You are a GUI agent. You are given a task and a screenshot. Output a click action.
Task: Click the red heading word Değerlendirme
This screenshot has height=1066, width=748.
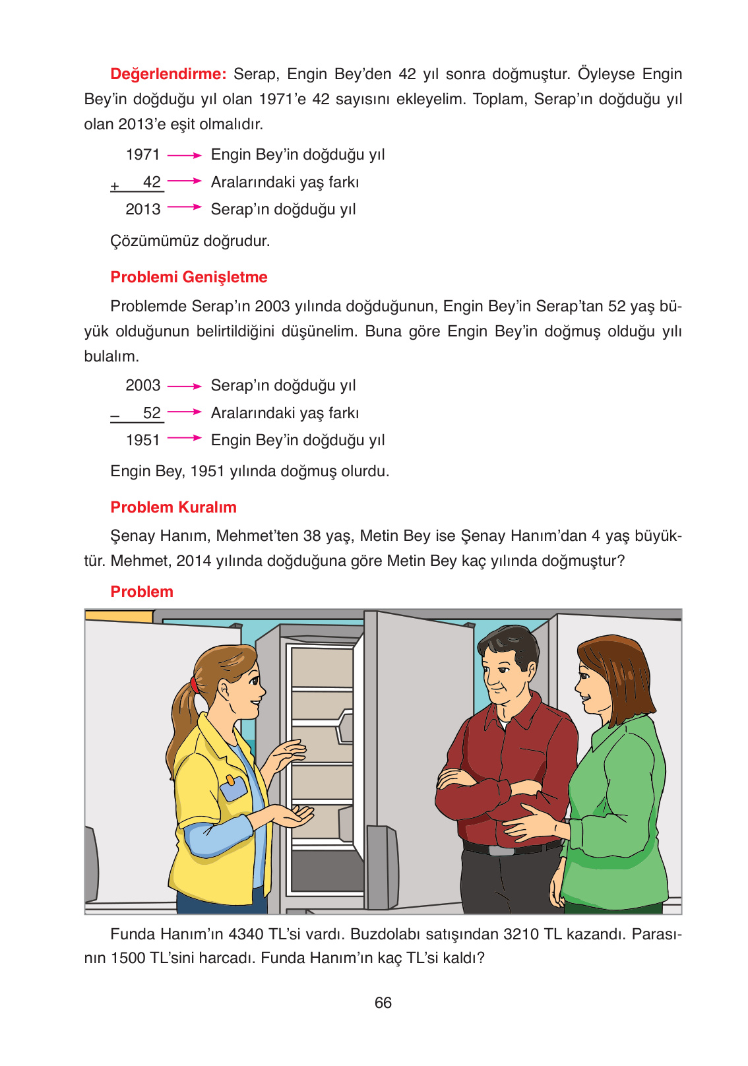(168, 74)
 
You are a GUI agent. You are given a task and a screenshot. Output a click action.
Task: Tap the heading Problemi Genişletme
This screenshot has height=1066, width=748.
(189, 277)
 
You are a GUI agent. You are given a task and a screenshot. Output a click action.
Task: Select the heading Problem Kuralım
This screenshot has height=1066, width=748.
(173, 507)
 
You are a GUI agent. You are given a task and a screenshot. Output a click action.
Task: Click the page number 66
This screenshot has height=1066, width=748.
(383, 1003)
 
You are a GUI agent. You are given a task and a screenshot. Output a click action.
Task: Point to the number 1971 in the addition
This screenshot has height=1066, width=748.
(143, 154)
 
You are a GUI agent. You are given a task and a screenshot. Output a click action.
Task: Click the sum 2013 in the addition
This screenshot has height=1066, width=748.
(143, 209)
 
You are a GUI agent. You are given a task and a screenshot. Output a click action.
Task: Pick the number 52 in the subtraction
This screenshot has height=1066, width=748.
(152, 413)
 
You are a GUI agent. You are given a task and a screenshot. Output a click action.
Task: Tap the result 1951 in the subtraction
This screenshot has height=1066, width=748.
(143, 440)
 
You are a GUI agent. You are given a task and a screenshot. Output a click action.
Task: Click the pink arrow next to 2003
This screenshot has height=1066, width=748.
(184, 386)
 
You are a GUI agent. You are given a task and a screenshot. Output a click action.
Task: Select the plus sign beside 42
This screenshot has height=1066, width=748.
(115, 187)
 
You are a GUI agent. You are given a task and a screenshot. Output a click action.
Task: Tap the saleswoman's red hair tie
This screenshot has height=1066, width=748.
(194, 684)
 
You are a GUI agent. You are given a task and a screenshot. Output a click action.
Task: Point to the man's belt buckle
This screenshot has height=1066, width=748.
(501, 850)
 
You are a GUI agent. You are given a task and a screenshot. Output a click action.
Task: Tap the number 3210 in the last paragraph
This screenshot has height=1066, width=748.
(522, 934)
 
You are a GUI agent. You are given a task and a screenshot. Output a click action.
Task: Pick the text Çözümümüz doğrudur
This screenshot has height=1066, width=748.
(190, 241)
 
